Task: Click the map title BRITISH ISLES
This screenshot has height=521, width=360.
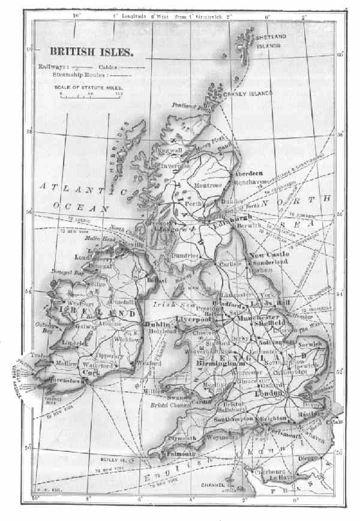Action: [91, 52]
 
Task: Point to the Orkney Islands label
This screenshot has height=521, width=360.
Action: [248, 94]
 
